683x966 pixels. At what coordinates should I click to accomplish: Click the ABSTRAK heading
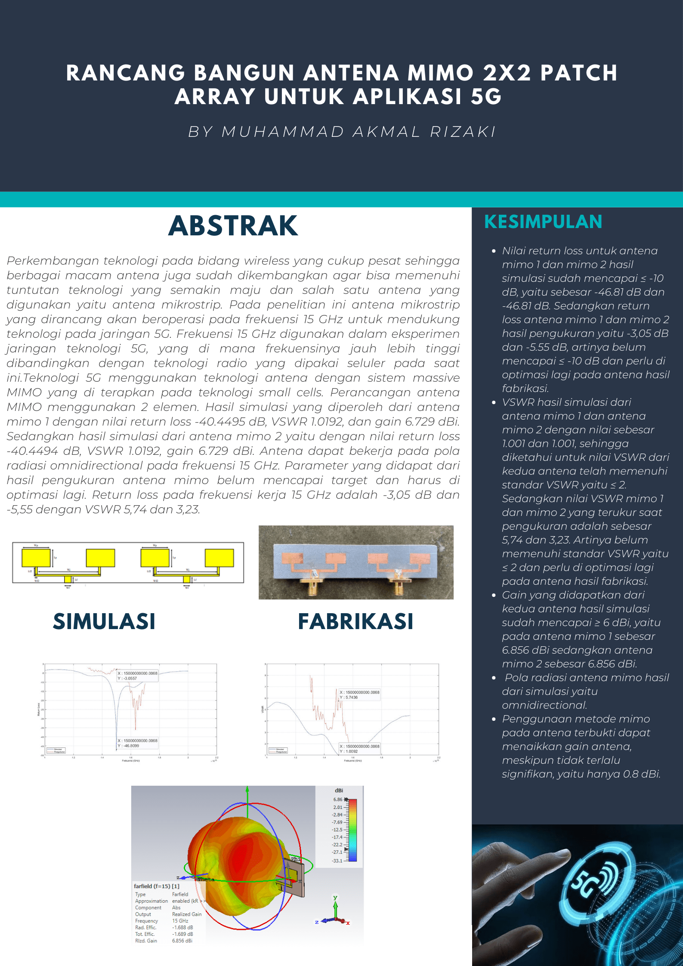(233, 226)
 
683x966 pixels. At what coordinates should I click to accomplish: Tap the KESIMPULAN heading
(543, 222)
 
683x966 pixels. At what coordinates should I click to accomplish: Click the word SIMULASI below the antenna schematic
(104, 621)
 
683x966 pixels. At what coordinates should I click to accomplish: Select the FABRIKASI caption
(355, 621)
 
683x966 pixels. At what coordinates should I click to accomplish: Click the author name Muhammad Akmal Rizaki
(342, 132)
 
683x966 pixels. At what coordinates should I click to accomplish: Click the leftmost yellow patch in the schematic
(36, 558)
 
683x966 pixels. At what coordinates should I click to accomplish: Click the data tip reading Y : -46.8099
(137, 743)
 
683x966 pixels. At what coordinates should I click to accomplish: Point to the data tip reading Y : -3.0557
(137, 676)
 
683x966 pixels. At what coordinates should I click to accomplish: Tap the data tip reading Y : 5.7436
(359, 694)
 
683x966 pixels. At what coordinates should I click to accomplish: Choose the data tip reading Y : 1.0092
(359, 749)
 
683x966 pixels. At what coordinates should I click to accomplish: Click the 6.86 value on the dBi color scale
(338, 799)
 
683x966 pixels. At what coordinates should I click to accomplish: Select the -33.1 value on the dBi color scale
(337, 861)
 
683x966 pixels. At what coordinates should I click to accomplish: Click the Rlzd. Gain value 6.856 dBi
(182, 941)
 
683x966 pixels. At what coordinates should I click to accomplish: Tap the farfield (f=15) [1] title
(156, 886)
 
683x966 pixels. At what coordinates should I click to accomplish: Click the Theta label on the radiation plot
(206, 879)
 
